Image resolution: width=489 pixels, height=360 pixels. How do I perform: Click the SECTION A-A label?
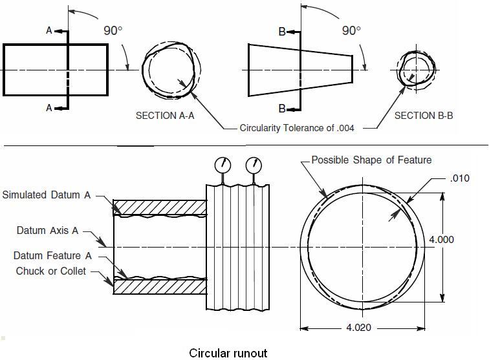click(164, 116)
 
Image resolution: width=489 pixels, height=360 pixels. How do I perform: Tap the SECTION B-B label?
click(424, 116)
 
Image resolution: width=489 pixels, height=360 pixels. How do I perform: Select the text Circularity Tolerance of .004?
click(297, 128)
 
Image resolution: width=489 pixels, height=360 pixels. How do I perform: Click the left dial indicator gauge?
click(223, 165)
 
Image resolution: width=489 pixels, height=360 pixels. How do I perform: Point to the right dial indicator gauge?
click(254, 165)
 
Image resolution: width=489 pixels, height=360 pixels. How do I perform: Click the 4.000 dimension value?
click(442, 239)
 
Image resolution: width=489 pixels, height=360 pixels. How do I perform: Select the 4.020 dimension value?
click(359, 328)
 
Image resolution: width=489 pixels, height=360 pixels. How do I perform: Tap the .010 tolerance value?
click(459, 178)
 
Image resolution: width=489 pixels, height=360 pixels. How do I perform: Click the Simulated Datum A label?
click(47, 195)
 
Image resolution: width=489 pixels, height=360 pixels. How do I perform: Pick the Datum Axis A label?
click(47, 230)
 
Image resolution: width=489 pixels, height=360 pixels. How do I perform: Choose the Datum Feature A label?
click(52, 256)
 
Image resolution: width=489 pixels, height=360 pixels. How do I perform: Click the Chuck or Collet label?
click(51, 271)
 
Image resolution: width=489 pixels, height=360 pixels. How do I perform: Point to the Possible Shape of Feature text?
click(371, 160)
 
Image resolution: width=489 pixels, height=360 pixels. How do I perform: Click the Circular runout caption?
click(228, 353)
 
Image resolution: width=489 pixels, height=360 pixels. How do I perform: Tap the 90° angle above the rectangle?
click(113, 31)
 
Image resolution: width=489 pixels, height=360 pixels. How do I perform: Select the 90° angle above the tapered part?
click(351, 31)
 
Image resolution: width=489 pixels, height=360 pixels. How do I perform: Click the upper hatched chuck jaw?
click(160, 207)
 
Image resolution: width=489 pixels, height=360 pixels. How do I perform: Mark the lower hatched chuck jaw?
click(160, 286)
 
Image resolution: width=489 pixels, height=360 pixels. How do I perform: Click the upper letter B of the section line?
click(282, 31)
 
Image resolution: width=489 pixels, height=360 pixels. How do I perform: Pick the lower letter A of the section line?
click(49, 108)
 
